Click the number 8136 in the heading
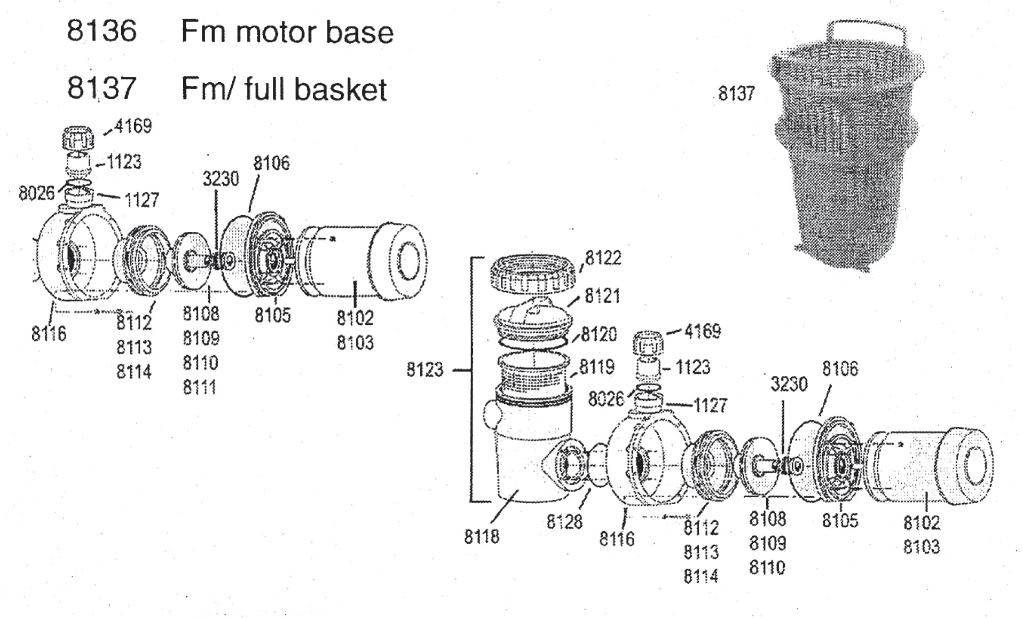pos(102,31)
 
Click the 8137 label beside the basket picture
pos(736,93)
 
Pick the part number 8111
pos(200,387)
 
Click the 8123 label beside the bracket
pos(425,370)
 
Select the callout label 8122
pos(603,258)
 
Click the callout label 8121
pos(602,296)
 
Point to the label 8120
pos(599,335)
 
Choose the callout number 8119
pos(597,367)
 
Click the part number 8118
pos(482,537)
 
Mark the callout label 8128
pos(564,522)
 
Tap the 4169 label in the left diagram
pos(133,127)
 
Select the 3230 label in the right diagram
pos(789,384)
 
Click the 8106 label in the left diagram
pos(272,163)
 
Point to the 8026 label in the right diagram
pos(606,399)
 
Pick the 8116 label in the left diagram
pos(49,334)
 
